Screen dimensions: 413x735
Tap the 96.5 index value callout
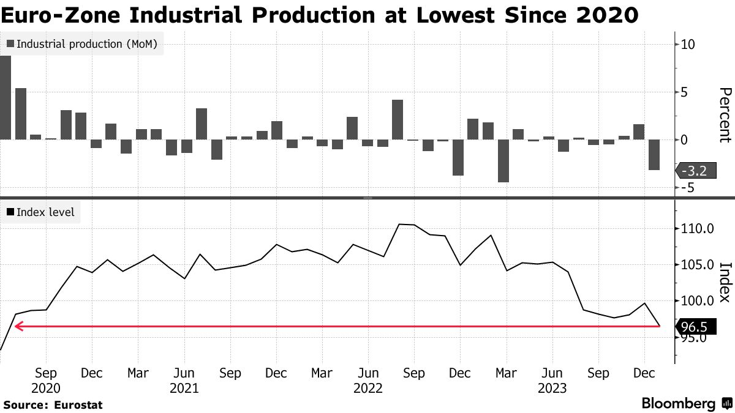point(693,327)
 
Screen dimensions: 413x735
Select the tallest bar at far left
point(6,97)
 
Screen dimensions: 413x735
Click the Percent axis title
point(725,114)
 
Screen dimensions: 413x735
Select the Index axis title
point(725,282)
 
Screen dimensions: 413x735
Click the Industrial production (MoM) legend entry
point(82,44)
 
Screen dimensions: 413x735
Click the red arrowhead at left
point(18,327)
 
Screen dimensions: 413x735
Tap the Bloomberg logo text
point(679,404)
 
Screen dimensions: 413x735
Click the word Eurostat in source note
point(78,404)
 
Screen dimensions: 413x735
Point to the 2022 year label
point(367,388)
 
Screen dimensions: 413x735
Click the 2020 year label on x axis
point(46,388)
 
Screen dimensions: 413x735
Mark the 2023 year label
point(552,388)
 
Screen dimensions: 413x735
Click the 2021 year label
point(184,388)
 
